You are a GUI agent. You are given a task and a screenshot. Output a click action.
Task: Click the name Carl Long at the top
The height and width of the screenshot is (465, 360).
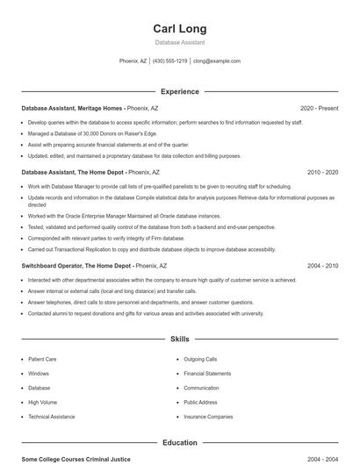pyautogui.click(x=179, y=29)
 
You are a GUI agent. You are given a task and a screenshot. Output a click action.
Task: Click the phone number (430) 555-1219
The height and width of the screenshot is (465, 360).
pyautogui.click(x=169, y=61)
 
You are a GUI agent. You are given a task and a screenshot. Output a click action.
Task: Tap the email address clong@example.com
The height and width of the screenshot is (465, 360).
pyautogui.click(x=216, y=61)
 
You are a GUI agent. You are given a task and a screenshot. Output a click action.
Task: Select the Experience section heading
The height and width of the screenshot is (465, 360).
pyautogui.click(x=179, y=91)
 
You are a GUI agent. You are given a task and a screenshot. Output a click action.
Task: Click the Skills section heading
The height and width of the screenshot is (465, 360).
pyautogui.click(x=179, y=338)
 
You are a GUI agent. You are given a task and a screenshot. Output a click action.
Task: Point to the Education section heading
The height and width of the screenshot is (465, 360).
pyautogui.click(x=179, y=443)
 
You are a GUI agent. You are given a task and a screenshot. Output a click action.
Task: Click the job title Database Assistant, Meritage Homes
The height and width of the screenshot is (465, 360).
pyautogui.click(x=72, y=108)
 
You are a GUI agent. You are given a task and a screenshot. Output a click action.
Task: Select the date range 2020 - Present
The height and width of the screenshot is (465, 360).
pyautogui.click(x=319, y=108)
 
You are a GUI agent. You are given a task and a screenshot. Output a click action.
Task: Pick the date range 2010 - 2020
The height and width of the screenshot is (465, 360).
pyautogui.click(x=322, y=173)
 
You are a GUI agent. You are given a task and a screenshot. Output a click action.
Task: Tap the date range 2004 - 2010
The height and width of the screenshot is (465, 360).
pyautogui.click(x=322, y=265)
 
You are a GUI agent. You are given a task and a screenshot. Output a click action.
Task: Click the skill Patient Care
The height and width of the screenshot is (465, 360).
pyautogui.click(x=42, y=359)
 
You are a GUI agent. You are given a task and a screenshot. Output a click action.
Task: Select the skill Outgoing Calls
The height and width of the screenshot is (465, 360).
pyautogui.click(x=200, y=359)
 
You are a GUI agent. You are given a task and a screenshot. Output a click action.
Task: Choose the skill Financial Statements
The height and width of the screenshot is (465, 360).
pyautogui.click(x=207, y=373)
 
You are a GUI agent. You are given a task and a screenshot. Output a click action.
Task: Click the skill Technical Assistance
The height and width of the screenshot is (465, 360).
pyautogui.click(x=51, y=417)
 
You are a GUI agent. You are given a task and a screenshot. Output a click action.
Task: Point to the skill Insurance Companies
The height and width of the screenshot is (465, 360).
pyautogui.click(x=208, y=417)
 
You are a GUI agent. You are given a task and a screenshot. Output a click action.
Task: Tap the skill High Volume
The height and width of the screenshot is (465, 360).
pyautogui.click(x=42, y=402)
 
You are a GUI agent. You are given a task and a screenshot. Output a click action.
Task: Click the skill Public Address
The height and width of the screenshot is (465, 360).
pyautogui.click(x=200, y=402)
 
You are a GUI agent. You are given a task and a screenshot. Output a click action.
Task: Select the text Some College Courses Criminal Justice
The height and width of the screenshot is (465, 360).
pyautogui.click(x=76, y=459)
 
